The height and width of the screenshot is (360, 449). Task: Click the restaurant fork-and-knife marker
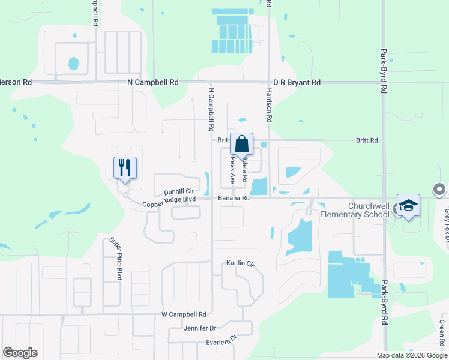click(x=125, y=167)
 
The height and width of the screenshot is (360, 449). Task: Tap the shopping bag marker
click(x=241, y=144)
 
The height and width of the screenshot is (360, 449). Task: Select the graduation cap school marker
click(x=408, y=206)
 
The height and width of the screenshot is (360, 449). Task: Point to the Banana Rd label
click(x=234, y=197)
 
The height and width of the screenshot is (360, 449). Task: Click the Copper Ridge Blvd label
click(x=169, y=202)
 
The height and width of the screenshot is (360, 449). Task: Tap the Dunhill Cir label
click(x=178, y=191)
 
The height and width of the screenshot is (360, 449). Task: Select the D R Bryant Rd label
click(x=297, y=82)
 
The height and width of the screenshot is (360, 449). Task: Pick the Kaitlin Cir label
click(x=240, y=263)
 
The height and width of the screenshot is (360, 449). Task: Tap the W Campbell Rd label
click(x=184, y=314)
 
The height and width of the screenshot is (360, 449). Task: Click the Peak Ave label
click(x=232, y=170)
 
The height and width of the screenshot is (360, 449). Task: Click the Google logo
click(x=20, y=353)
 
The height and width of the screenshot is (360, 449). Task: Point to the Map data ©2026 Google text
click(x=411, y=355)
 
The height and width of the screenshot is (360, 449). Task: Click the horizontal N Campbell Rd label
click(x=153, y=82)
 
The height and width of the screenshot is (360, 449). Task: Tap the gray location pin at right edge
click(x=440, y=190)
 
